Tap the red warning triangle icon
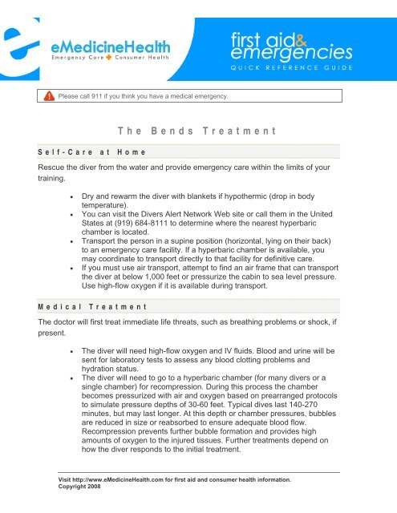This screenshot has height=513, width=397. point(49,97)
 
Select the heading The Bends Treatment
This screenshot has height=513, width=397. point(196,130)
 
